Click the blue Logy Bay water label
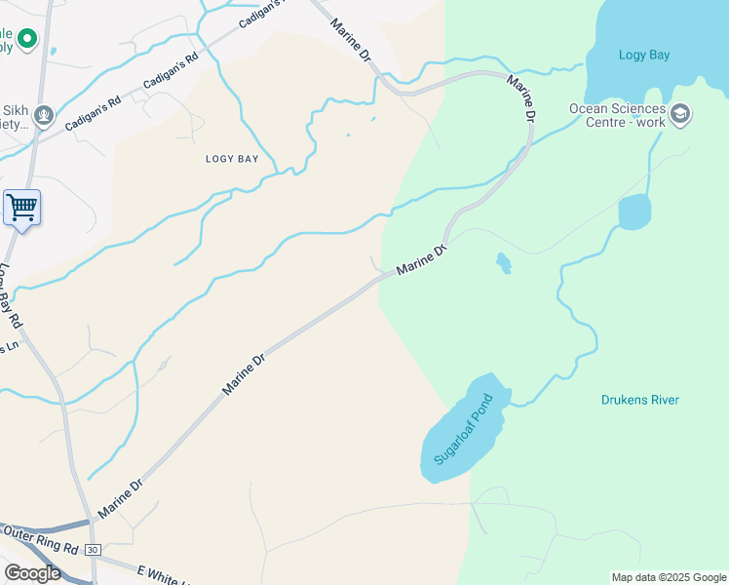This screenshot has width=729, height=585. pos(644,55)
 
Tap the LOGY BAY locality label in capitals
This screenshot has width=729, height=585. pos(232,159)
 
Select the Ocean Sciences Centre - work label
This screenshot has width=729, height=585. pos(618,115)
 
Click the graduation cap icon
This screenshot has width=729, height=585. pos(680,114)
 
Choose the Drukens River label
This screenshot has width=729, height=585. pos(640,400)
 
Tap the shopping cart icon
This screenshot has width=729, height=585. pos(21,208)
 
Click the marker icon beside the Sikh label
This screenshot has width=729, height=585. pos(43,116)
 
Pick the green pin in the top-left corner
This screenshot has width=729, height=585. pos(26,40)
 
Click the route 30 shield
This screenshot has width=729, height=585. pos(92,550)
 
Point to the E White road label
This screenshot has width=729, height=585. pos(161,574)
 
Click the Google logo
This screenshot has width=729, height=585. pos(32,572)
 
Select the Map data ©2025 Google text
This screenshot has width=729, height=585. pos(669,577)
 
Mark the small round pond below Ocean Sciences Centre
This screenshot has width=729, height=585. pos(634,212)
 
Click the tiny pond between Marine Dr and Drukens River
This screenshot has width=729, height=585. pos(503,262)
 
